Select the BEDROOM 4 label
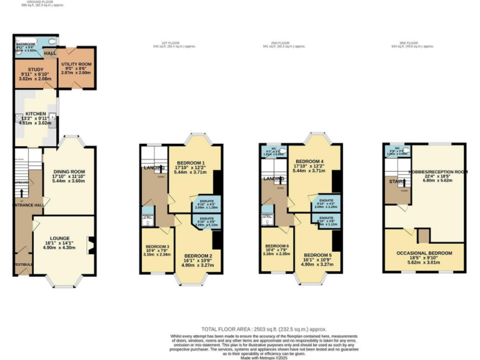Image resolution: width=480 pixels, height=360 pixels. pos(310,161)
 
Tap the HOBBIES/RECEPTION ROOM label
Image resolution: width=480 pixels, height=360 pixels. pos(437,171)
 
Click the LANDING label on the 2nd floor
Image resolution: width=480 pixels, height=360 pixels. pos(273,179)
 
